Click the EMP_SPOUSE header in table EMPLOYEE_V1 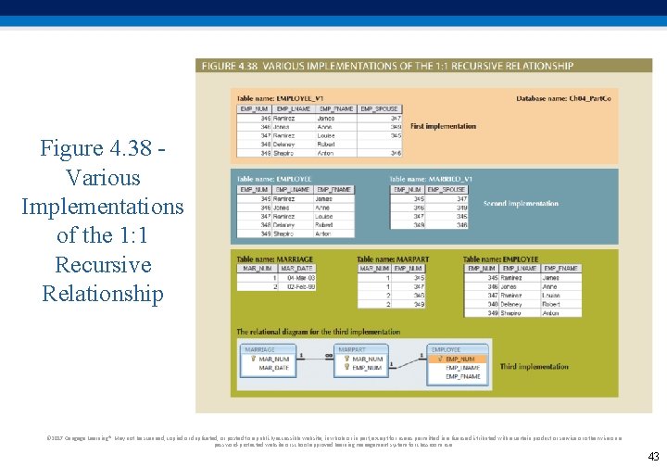(x=380, y=109)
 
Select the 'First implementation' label (x=443, y=126)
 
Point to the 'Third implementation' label (x=534, y=367)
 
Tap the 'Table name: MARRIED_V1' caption (x=431, y=178)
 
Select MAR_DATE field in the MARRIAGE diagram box (x=274, y=368)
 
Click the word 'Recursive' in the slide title (x=102, y=265)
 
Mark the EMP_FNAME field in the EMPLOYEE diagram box (x=464, y=377)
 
